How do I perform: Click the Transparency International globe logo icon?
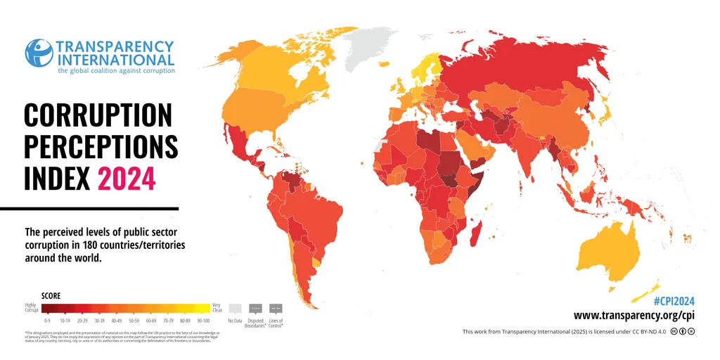[x=39, y=53]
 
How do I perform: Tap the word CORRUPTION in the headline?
[x=98, y=115]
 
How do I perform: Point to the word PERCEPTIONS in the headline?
[x=101, y=146]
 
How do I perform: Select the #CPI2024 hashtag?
[x=674, y=300]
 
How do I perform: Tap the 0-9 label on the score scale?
[x=48, y=320]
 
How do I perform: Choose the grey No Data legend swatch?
[x=236, y=308]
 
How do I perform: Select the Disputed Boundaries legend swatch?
[x=256, y=308]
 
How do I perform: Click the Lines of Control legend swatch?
[x=276, y=308]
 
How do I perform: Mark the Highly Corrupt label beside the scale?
[x=32, y=308]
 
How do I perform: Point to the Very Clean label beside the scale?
[x=217, y=308]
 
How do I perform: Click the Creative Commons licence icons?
[x=682, y=331]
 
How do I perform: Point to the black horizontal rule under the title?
[x=89, y=208]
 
